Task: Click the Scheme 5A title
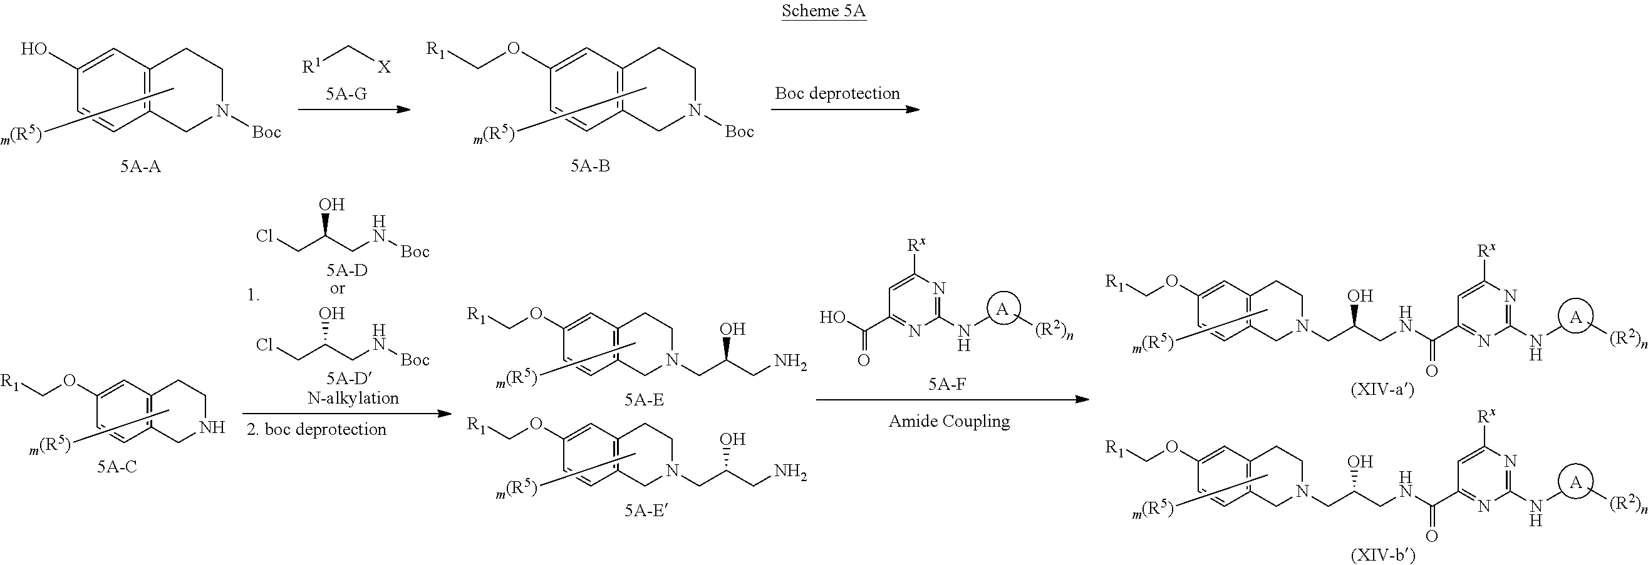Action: coord(823,11)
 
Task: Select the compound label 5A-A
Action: coord(140,167)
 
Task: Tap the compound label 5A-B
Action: coord(590,167)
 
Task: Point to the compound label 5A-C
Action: coord(117,467)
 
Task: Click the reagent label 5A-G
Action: coord(346,94)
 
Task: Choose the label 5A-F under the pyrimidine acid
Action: coord(947,384)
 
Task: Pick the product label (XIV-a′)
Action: coord(1382,389)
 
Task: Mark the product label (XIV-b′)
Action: coord(1382,556)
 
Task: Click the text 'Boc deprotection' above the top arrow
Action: coord(837,93)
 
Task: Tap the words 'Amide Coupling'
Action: coord(949,421)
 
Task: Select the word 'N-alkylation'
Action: coord(353,398)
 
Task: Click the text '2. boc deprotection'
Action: coord(317,429)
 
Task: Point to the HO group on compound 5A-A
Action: coord(34,49)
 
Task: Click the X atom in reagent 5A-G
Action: coord(383,66)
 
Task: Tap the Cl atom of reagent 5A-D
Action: coord(264,236)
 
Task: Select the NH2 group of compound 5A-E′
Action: coord(790,472)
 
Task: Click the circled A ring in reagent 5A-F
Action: coord(1002,309)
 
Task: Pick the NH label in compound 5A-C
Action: coord(212,427)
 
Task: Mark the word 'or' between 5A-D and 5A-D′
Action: coord(337,288)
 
